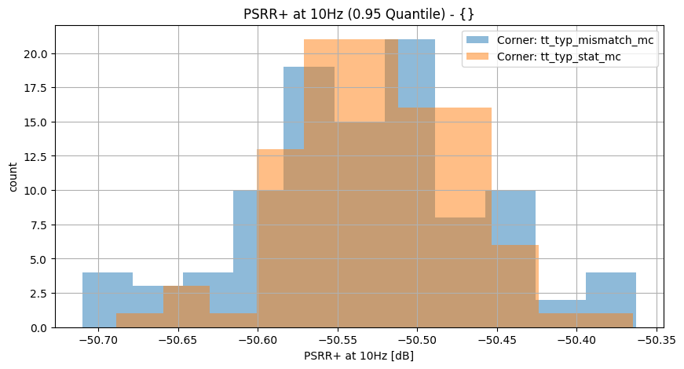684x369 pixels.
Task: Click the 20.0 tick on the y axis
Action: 38,54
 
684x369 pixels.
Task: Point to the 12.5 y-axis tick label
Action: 38,156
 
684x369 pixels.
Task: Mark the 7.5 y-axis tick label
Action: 42,225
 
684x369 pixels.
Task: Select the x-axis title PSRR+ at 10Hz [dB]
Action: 359,356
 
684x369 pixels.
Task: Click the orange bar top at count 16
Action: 463,109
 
